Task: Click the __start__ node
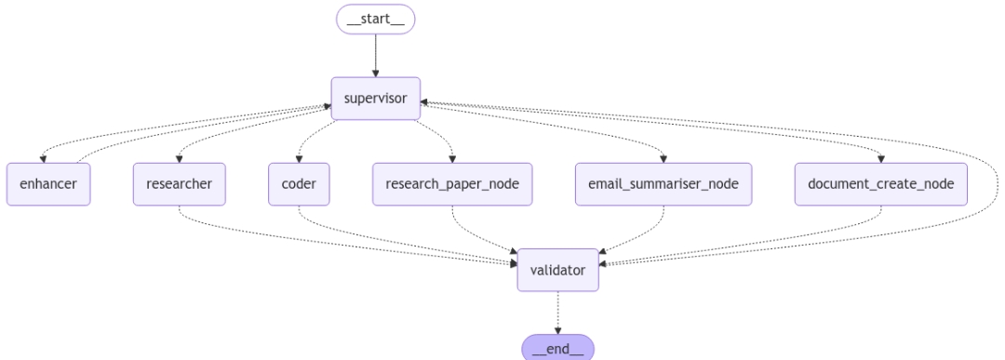[375, 19]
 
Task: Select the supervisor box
[375, 98]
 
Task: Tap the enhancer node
[47, 183]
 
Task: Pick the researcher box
[179, 183]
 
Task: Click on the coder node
[298, 183]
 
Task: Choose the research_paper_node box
[452, 183]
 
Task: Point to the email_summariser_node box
[663, 183]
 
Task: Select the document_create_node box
[880, 183]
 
